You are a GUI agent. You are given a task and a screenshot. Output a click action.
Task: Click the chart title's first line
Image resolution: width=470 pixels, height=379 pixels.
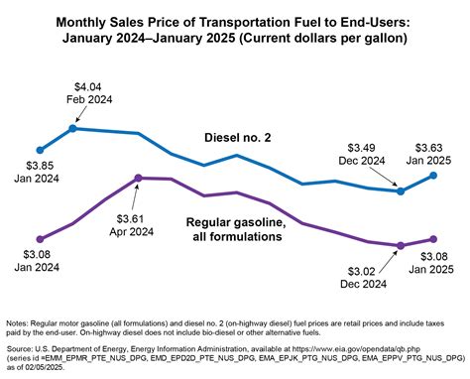click(234, 21)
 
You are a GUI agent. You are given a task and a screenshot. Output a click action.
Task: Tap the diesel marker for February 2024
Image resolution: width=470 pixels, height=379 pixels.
click(73, 128)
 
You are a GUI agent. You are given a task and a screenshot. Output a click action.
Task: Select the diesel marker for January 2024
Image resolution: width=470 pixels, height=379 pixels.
click(40, 149)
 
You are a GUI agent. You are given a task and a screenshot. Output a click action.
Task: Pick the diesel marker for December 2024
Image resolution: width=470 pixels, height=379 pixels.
click(401, 190)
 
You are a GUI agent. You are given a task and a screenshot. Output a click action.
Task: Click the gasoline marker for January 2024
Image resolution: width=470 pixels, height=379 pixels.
click(40, 238)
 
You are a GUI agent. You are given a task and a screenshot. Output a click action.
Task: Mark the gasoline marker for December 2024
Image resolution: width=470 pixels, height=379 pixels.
click(401, 245)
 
